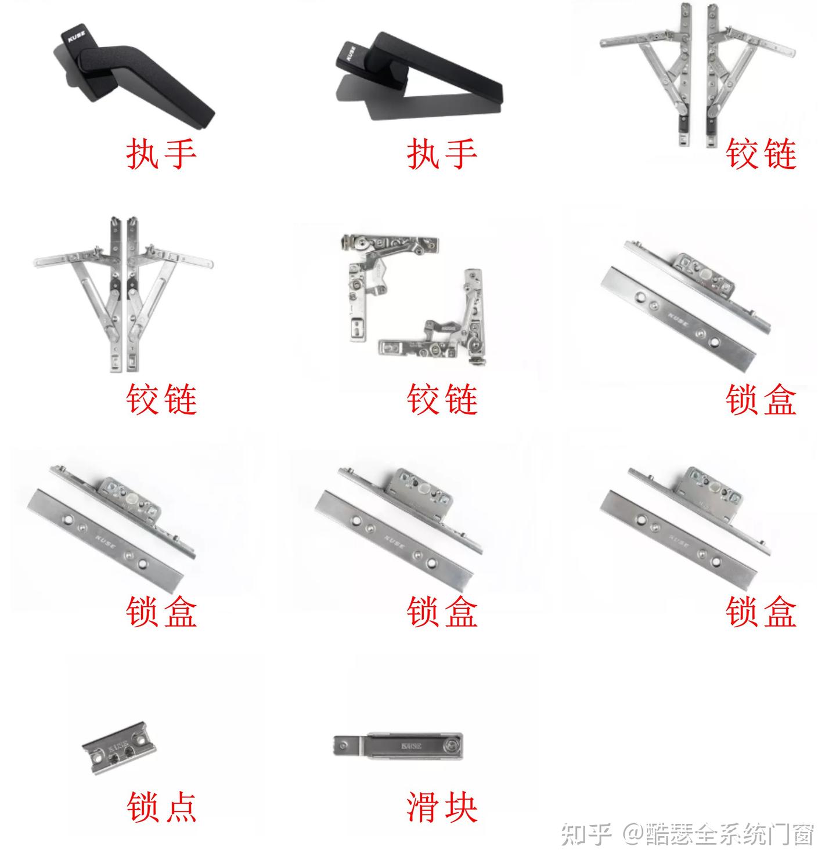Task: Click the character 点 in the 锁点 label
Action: point(179,807)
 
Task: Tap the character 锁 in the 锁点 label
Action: point(143,807)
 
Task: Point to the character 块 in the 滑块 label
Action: point(460,807)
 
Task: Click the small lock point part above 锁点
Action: point(120,749)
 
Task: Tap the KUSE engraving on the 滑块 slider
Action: point(410,746)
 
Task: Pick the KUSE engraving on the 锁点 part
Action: point(118,745)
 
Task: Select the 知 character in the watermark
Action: point(572,834)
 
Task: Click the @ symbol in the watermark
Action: point(633,834)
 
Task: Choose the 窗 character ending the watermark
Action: point(803,834)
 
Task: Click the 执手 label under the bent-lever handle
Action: point(161,154)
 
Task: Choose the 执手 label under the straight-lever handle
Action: point(442,154)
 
